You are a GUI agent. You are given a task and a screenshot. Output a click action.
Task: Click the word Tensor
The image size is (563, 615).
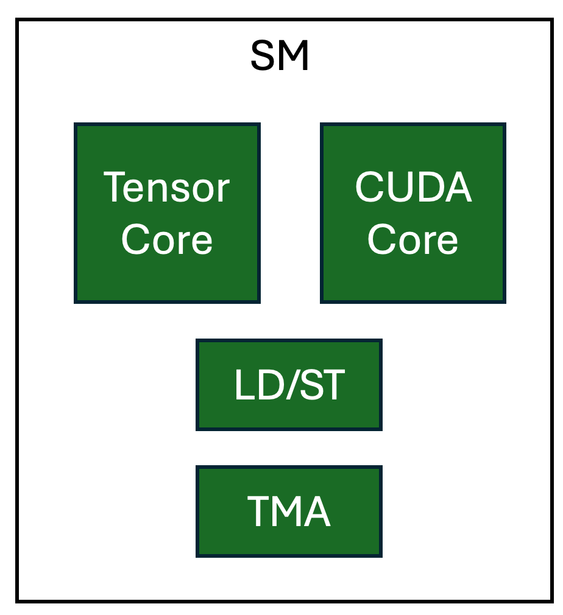point(167,188)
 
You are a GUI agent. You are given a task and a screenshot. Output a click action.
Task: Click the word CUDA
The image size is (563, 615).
point(413,188)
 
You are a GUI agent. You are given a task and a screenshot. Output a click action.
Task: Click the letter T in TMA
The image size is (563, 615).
point(258,512)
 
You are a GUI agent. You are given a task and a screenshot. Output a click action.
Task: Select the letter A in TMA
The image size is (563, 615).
point(317,512)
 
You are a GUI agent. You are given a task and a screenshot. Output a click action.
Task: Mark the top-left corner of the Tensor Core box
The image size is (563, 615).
point(76,124)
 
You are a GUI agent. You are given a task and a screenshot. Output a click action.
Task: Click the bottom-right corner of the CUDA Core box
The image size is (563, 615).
point(505,301)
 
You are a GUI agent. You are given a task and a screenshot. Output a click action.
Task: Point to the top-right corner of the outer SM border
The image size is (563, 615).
point(551,20)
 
